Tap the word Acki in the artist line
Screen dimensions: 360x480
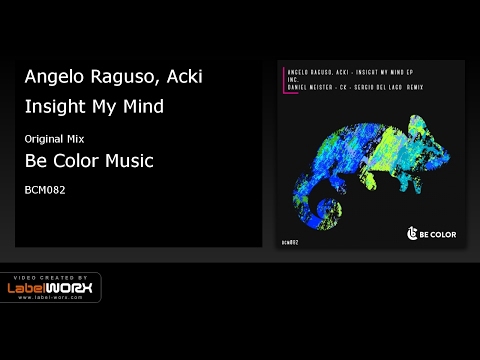click(x=183, y=77)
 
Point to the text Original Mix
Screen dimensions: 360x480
click(x=54, y=136)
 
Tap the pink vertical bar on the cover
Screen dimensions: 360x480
click(x=283, y=81)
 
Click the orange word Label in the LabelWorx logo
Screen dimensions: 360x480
click(x=31, y=290)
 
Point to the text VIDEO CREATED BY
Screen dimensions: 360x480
click(x=50, y=277)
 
